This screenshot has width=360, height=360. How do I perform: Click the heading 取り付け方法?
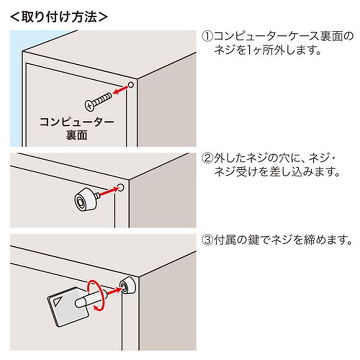pyautogui.click(x=59, y=17)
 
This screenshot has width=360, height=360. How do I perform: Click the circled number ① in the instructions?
pyautogui.click(x=207, y=37)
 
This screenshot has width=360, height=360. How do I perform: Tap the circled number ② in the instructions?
pyautogui.click(x=207, y=158)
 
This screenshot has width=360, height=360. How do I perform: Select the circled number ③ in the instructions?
pyautogui.click(x=207, y=240)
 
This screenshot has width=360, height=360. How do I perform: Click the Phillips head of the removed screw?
pyautogui.click(x=90, y=105)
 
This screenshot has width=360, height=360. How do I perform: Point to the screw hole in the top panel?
pyautogui.click(x=131, y=85)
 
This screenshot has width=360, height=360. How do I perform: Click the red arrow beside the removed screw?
pyautogui.click(x=120, y=90)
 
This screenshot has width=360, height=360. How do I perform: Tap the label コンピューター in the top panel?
pyautogui.click(x=77, y=122)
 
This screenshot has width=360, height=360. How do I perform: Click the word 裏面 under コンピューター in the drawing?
pyautogui.click(x=77, y=135)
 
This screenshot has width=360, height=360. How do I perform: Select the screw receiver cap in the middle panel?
pyautogui.click(x=85, y=200)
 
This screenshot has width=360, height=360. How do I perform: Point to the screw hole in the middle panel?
pyautogui.click(x=121, y=187)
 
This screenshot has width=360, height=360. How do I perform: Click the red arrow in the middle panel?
pyautogui.click(x=110, y=191)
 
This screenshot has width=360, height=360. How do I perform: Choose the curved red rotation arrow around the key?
pyautogui.click(x=96, y=296)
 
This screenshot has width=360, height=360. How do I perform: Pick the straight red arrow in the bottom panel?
pyautogui.click(x=114, y=291)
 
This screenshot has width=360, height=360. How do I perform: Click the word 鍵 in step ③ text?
pyautogui.click(x=254, y=240)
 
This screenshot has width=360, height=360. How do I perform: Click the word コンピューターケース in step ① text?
pyautogui.click(x=266, y=37)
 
